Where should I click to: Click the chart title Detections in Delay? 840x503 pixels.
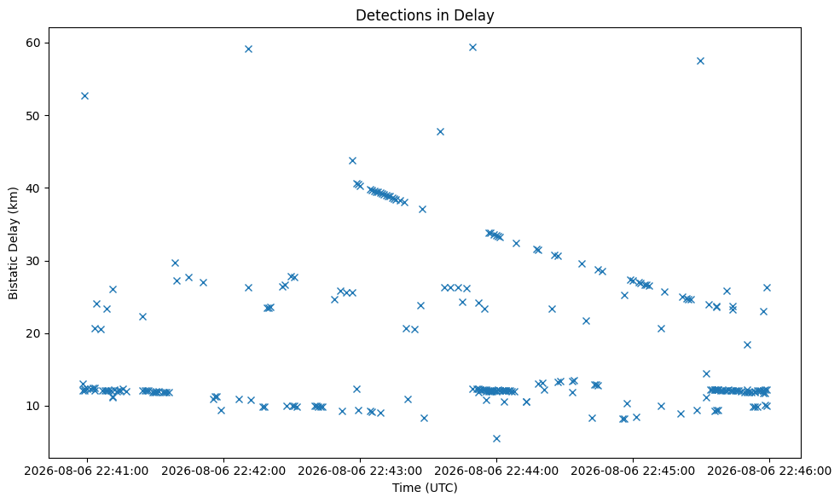pos(425,15)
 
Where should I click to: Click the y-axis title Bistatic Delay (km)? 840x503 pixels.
pos(14,243)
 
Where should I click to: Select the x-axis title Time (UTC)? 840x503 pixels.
pos(425,488)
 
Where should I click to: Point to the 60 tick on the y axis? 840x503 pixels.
pos(34,43)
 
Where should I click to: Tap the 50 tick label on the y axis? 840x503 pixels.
pos(34,116)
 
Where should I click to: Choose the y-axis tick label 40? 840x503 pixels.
pos(34,188)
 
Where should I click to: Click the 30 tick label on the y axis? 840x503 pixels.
pos(34,261)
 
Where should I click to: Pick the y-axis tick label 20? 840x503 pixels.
pos(34,333)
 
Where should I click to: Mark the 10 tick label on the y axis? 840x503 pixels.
pos(34,406)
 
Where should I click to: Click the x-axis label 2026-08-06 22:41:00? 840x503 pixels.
pos(87,471)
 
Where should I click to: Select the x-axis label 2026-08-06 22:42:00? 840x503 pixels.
pos(223,471)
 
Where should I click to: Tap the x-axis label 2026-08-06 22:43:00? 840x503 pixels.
pos(360,471)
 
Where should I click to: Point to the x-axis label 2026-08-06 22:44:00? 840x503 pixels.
pos(496,471)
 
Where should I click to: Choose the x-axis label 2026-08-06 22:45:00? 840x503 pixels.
pos(633,471)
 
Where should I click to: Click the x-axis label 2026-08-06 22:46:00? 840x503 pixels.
pos(769,471)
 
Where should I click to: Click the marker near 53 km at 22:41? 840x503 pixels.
pos(84,95)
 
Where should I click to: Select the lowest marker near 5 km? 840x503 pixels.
pos(496,439)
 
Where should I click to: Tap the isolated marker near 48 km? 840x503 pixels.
pos(440,132)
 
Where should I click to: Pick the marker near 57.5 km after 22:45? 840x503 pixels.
pos(700,61)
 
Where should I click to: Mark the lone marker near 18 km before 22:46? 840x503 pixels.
pos(747,345)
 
